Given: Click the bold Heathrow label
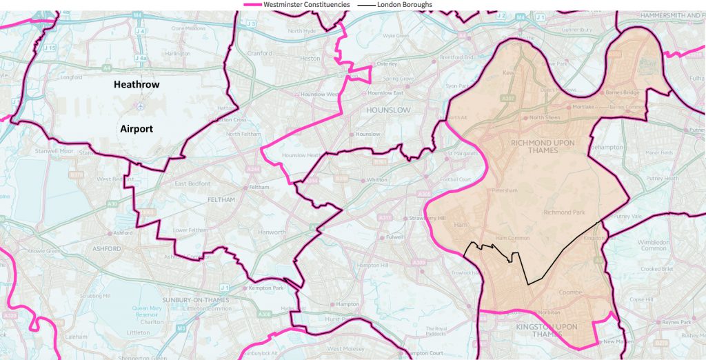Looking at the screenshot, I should point(137,85).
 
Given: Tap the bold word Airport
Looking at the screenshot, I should point(136,128).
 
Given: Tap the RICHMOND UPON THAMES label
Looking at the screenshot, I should point(542,147).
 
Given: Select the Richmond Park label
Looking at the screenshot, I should point(564,212).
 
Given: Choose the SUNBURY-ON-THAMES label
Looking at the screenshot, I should point(190,300).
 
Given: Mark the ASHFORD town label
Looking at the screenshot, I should point(106,248).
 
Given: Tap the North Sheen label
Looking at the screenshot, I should point(545,118).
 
